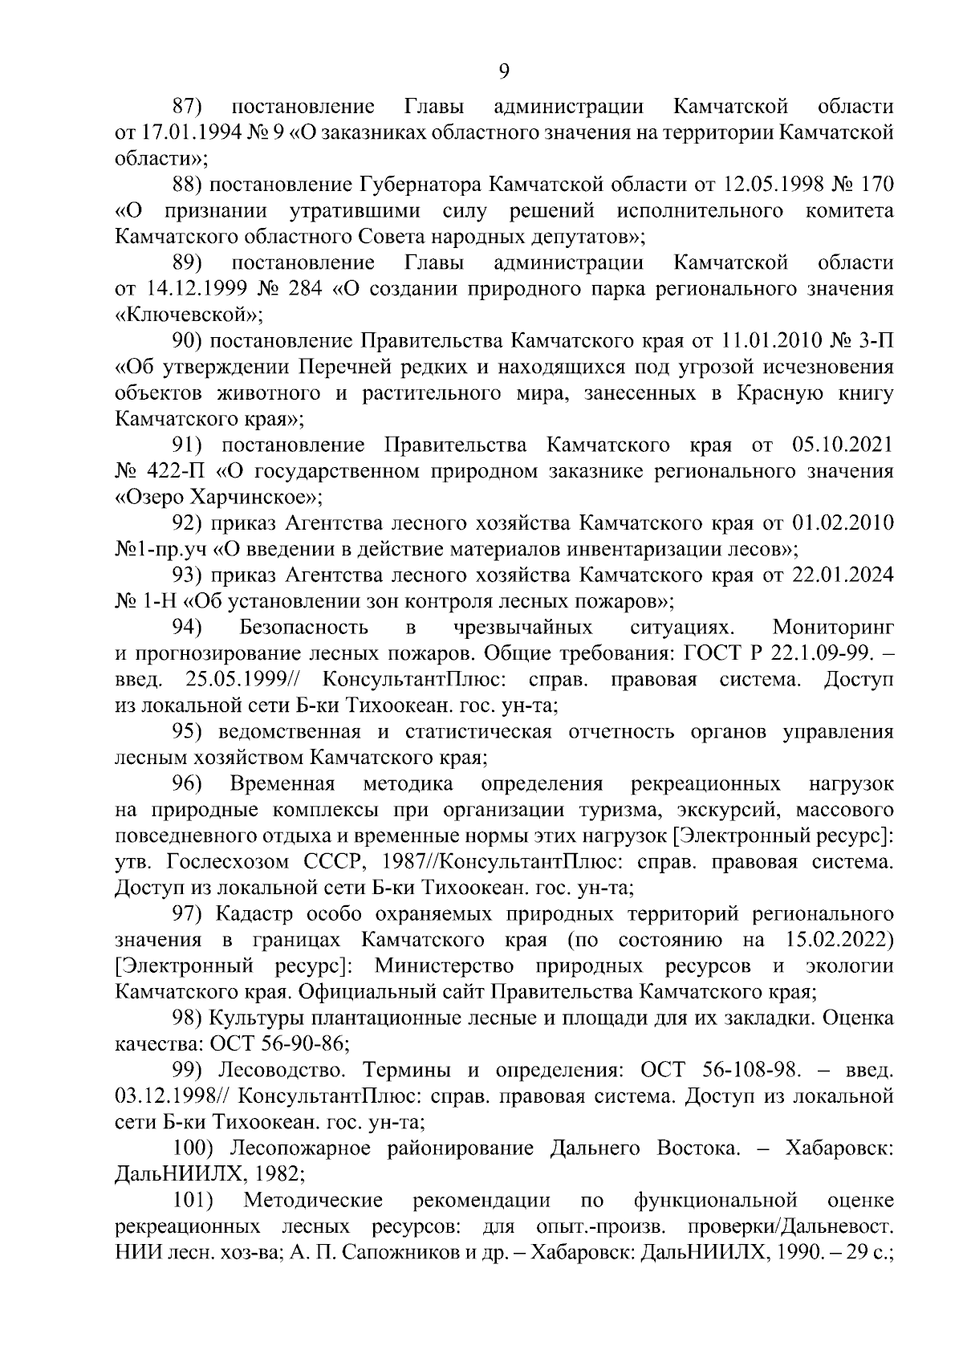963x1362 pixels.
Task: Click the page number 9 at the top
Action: pyautogui.click(x=504, y=72)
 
